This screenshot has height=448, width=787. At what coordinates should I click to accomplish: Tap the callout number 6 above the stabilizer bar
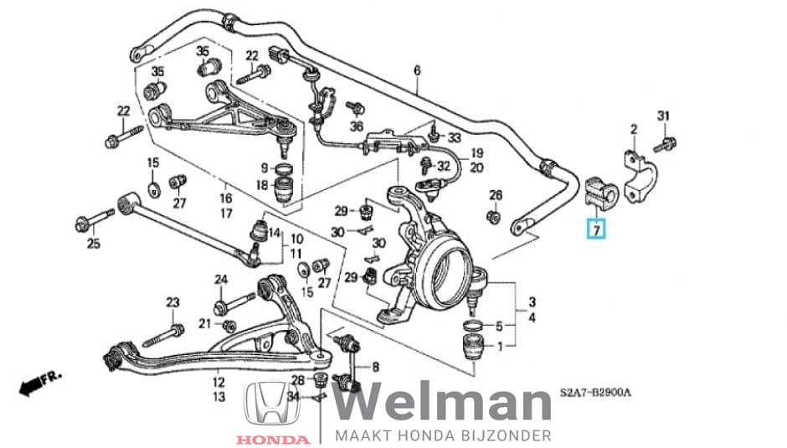click(x=416, y=71)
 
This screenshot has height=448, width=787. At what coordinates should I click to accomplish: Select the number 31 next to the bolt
click(x=664, y=115)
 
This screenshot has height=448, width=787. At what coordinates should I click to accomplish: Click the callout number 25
click(x=94, y=244)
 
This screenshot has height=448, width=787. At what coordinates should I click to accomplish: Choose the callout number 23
click(x=172, y=302)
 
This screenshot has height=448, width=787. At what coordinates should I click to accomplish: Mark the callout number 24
click(x=221, y=279)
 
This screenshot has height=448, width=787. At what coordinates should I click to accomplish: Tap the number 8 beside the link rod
click(x=375, y=366)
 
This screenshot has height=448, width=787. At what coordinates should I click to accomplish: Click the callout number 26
click(x=496, y=196)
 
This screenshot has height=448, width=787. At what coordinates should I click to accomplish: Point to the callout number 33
click(x=454, y=137)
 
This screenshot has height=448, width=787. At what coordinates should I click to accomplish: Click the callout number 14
click(x=275, y=223)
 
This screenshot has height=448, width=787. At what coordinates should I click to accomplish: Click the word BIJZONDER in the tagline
click(x=510, y=435)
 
